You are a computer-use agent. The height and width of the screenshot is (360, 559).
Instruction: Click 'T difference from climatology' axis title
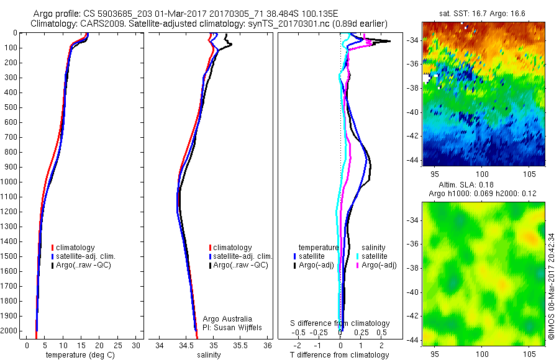point(339,355)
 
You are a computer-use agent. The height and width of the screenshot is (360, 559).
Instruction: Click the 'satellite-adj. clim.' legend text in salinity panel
point(244,256)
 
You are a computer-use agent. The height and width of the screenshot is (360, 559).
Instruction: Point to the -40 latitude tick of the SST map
point(414,112)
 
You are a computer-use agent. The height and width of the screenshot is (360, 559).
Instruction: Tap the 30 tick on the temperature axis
point(137,345)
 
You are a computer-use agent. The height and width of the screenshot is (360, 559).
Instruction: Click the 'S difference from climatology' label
point(340,323)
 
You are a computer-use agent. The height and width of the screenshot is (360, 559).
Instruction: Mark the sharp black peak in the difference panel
point(389,41)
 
